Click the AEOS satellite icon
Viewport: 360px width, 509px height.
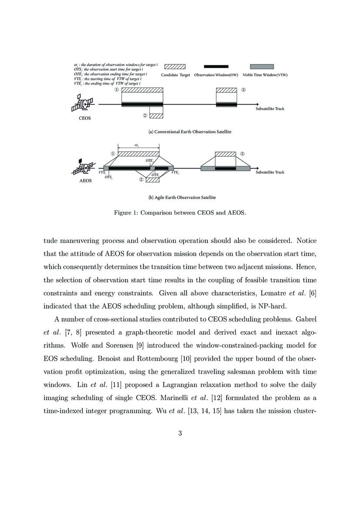(x=83, y=168)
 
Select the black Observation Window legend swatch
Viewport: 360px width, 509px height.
(x=216, y=67)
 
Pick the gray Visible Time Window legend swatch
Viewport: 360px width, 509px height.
(x=262, y=67)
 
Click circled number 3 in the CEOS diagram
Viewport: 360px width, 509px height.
(x=244, y=90)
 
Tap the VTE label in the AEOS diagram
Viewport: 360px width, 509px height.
(x=175, y=173)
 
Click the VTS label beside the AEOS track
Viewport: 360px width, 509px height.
(x=102, y=173)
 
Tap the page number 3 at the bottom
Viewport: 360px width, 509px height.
(x=180, y=433)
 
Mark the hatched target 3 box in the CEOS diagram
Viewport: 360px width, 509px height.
(x=227, y=91)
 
